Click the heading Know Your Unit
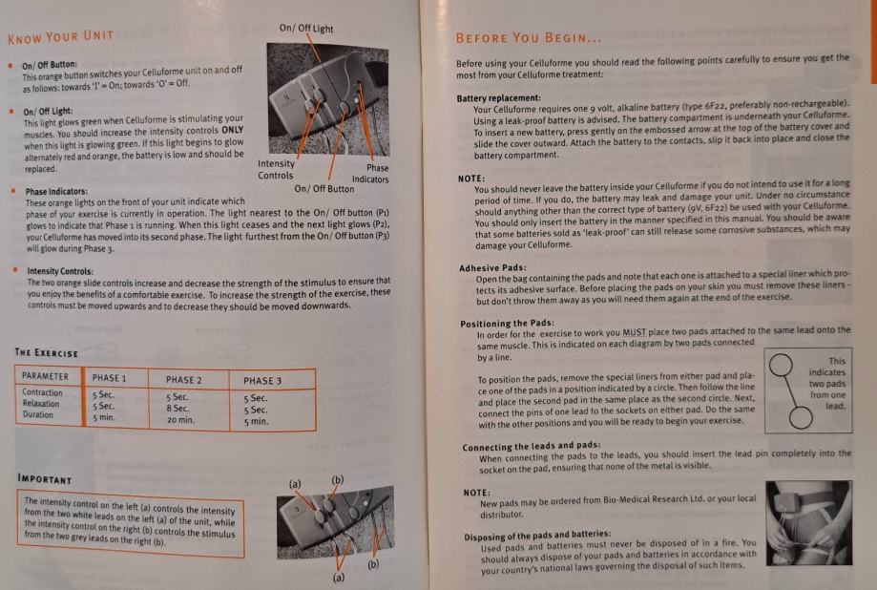click(x=60, y=37)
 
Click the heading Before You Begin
click(x=529, y=38)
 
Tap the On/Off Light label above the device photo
click(x=306, y=28)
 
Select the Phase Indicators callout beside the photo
click(x=370, y=174)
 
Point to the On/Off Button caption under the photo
click(x=324, y=189)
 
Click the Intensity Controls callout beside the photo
click(x=276, y=169)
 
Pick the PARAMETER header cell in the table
click(x=45, y=376)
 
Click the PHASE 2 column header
click(x=184, y=380)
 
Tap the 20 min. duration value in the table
click(x=180, y=420)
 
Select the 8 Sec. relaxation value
click(x=177, y=408)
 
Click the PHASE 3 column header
click(x=262, y=381)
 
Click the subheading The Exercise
click(x=47, y=352)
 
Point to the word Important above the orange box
click(x=45, y=479)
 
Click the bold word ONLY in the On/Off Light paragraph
click(x=232, y=130)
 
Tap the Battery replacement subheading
click(x=498, y=98)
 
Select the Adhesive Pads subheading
click(x=492, y=268)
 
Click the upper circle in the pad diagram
click(x=781, y=365)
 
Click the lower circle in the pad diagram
click(x=801, y=417)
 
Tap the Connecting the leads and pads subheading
click(x=532, y=446)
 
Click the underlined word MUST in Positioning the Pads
click(x=634, y=332)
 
